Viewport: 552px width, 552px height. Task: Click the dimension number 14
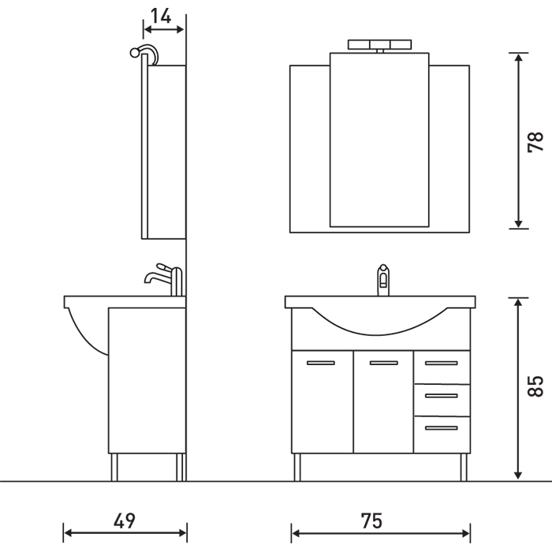pos(161,17)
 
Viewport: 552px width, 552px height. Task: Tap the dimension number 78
pos(535,142)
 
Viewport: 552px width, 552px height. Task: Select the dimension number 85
pos(535,386)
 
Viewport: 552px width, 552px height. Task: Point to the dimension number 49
pos(125,521)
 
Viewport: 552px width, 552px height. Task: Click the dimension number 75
pos(371,521)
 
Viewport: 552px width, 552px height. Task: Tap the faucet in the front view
pos(383,280)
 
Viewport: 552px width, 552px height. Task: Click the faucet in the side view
pos(165,279)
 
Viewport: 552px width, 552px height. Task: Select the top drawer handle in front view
pos(442,363)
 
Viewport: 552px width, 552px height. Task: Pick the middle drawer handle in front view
pos(442,396)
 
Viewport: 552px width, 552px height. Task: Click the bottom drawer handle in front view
pos(442,428)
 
